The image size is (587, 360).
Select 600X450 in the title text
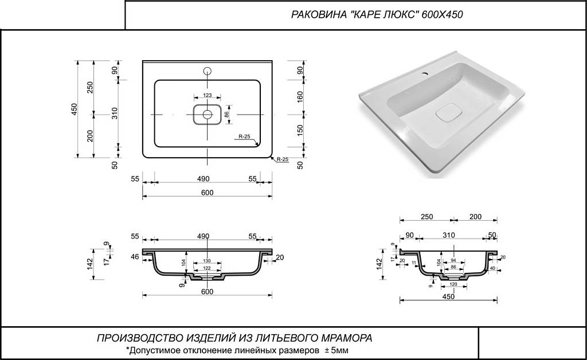pyautogui.click(x=442, y=15)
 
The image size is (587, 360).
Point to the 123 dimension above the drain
pyautogui.click(x=208, y=95)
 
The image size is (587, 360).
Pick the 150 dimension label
pyautogui.click(x=300, y=130)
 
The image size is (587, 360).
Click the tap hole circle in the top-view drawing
pyautogui.click(x=208, y=72)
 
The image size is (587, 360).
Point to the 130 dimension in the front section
pyautogui.click(x=207, y=261)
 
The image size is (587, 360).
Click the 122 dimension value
pyautogui.click(x=207, y=269)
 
